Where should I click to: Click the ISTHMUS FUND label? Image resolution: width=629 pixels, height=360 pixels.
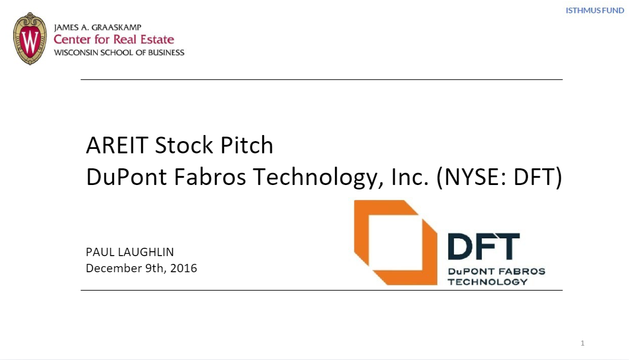[x=595, y=11]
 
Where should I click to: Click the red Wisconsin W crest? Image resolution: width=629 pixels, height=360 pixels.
[x=30, y=39]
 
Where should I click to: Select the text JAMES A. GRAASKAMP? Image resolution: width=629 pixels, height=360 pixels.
[x=98, y=27]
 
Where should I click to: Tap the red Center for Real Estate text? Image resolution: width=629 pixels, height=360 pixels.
[x=114, y=39]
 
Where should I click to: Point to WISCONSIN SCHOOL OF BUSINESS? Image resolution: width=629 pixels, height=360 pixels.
[x=119, y=53]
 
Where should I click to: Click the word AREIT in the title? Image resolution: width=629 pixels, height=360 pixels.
[x=117, y=146]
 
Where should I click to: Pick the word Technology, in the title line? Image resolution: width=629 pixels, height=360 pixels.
[x=315, y=178]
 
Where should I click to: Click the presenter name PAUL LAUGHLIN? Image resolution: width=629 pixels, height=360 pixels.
[x=130, y=252]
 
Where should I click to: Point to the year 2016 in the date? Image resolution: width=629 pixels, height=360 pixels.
[x=183, y=268]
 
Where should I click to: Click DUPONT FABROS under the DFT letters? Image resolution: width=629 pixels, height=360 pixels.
[x=496, y=272]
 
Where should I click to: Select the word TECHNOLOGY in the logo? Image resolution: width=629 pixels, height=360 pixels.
[x=487, y=282]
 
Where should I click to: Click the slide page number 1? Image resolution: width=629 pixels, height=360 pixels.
[x=582, y=343]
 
